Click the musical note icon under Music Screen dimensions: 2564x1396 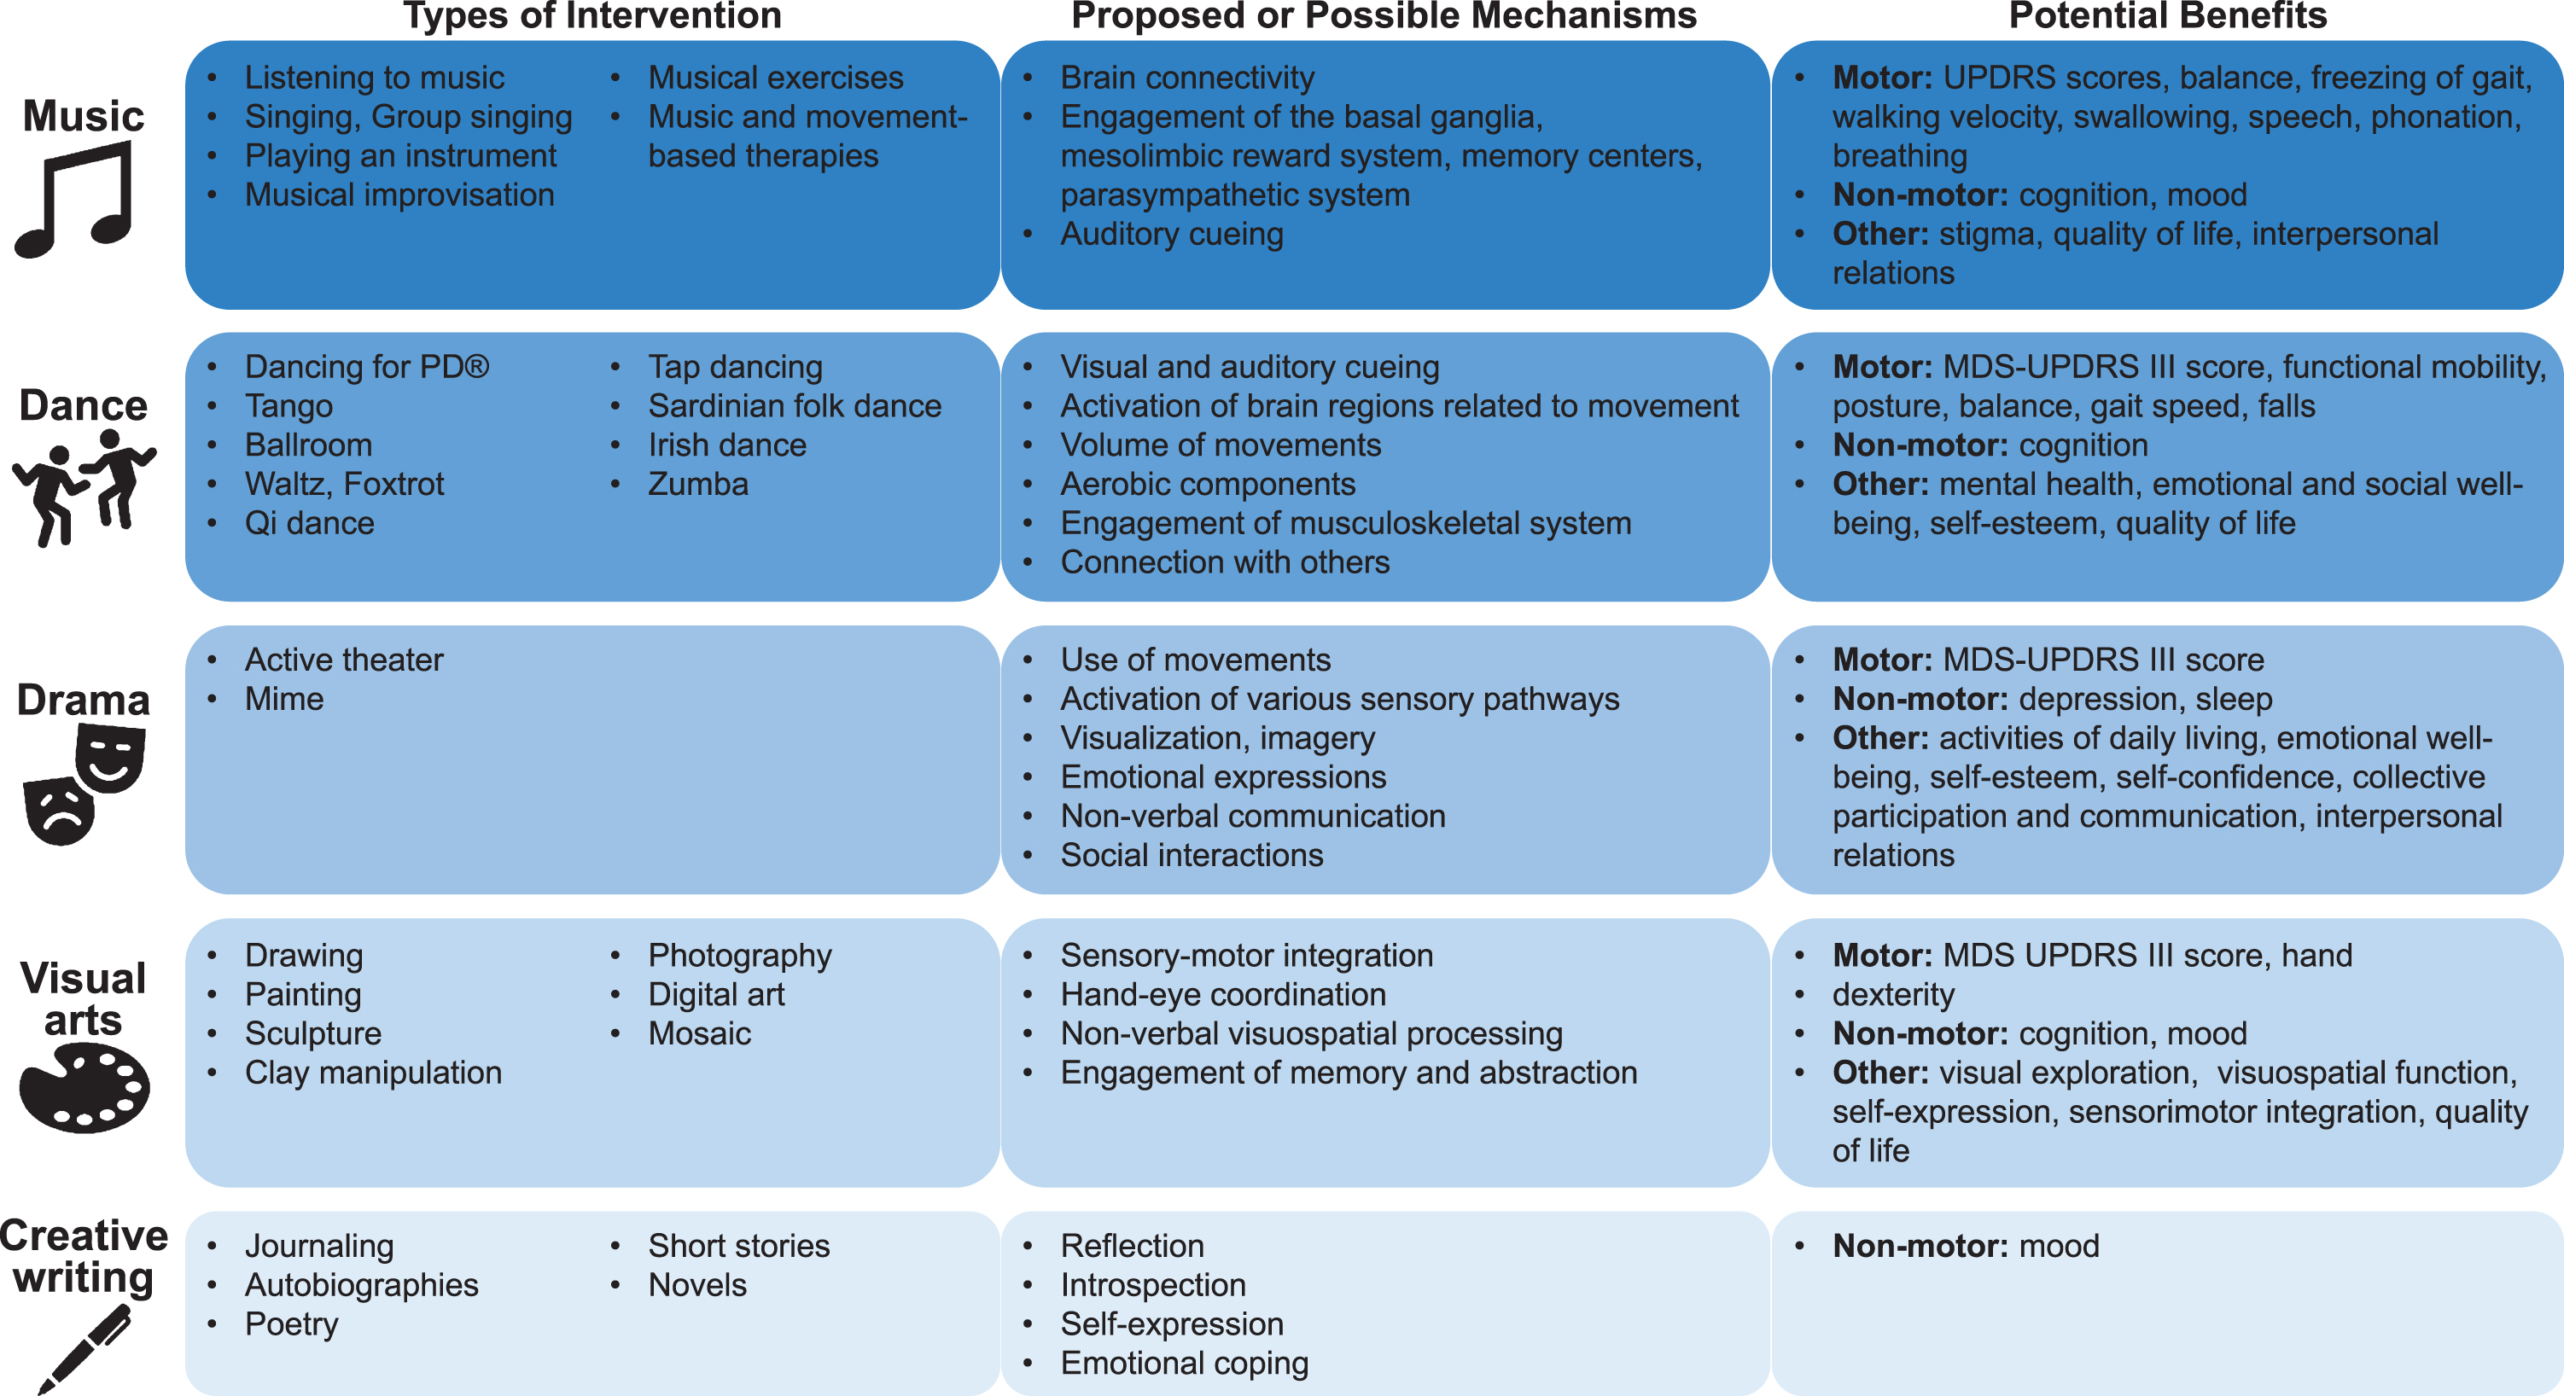tap(73, 199)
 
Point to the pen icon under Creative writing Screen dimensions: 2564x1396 tap(84, 1349)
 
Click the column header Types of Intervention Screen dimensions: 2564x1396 tap(592, 16)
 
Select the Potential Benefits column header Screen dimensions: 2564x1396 tap(2168, 16)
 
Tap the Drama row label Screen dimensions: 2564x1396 tap(84, 701)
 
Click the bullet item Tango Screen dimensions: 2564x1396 tap(288, 406)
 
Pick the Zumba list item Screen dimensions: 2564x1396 tap(697, 485)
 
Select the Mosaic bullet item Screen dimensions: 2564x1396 tap(700, 1034)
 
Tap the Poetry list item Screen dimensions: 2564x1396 tap(292, 1325)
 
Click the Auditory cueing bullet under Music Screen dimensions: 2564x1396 tap(1172, 235)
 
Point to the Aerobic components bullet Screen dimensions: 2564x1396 tap(1208, 485)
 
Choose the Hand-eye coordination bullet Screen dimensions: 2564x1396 tap(1222, 995)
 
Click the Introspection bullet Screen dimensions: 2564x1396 tap(1152, 1286)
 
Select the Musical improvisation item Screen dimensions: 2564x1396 tap(399, 195)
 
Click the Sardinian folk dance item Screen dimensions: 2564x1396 tap(795, 406)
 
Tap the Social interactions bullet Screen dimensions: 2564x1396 tap(1192, 856)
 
